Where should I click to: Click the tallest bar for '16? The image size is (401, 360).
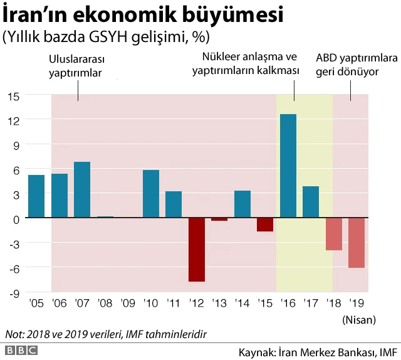click(x=288, y=166)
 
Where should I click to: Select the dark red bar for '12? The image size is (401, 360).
click(x=197, y=250)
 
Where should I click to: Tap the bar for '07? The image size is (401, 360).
click(x=82, y=190)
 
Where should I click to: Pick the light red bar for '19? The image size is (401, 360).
click(x=357, y=243)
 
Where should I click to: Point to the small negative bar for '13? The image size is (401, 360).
click(x=219, y=220)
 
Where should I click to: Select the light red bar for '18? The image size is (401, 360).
click(x=334, y=234)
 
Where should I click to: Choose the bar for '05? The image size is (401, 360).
click(x=36, y=196)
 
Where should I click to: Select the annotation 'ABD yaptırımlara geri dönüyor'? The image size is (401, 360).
click(x=357, y=65)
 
